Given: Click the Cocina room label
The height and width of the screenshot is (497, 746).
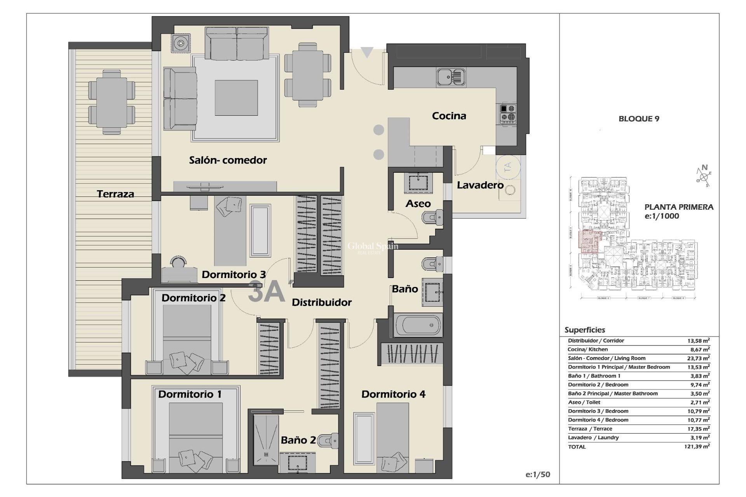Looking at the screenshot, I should pos(449,116).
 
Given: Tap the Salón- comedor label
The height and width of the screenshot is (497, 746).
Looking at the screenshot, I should pos(228,160).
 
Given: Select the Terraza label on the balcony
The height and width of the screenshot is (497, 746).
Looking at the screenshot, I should pos(115,194).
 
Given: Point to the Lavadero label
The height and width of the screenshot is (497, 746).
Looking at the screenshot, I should pos(480,185).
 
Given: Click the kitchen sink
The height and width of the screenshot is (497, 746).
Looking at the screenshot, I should pos(451,76).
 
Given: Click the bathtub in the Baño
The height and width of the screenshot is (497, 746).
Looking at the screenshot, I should pos(418,325).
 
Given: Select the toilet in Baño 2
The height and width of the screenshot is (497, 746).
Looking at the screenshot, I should pos(328,441).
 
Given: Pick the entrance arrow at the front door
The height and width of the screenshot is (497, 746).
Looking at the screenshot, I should pos(367,52).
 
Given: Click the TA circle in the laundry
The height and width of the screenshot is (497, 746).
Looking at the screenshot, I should pos(507,167).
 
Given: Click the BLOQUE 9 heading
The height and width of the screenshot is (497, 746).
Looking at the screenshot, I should pos(639,119).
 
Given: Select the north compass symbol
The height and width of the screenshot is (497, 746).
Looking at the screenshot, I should pos(704,176).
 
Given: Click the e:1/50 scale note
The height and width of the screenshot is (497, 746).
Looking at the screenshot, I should pos(538,474).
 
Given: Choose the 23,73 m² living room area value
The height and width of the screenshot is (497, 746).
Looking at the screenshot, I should pos(698,358).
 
